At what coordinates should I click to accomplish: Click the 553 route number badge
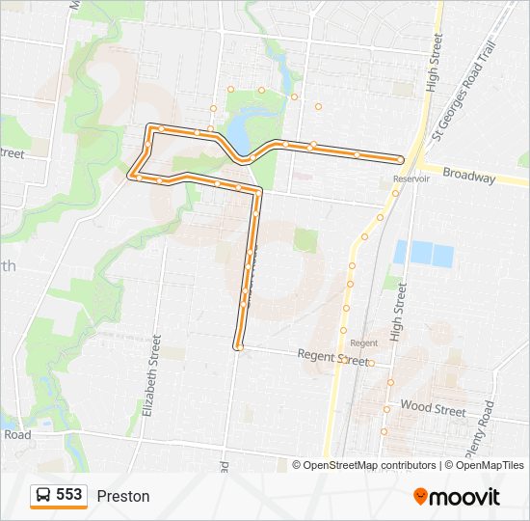tap(68, 495)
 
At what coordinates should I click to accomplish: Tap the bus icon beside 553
tap(43, 496)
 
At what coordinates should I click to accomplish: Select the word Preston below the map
tap(123, 496)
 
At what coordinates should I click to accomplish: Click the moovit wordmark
tap(465, 497)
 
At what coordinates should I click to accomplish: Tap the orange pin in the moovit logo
tap(420, 496)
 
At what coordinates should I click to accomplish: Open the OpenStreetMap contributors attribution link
tap(370, 465)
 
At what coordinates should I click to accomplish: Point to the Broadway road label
tap(470, 178)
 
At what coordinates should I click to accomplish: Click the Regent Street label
tap(333, 357)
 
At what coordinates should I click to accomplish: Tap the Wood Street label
tap(433, 409)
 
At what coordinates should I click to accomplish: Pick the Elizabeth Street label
tap(149, 376)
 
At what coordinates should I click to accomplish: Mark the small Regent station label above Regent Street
tap(364, 343)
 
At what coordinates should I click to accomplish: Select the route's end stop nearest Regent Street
tap(238, 345)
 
